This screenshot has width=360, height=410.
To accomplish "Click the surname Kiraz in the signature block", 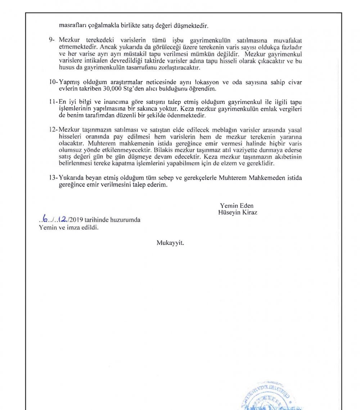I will point(249,212).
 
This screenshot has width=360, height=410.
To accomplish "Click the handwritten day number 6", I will point(45,219).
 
